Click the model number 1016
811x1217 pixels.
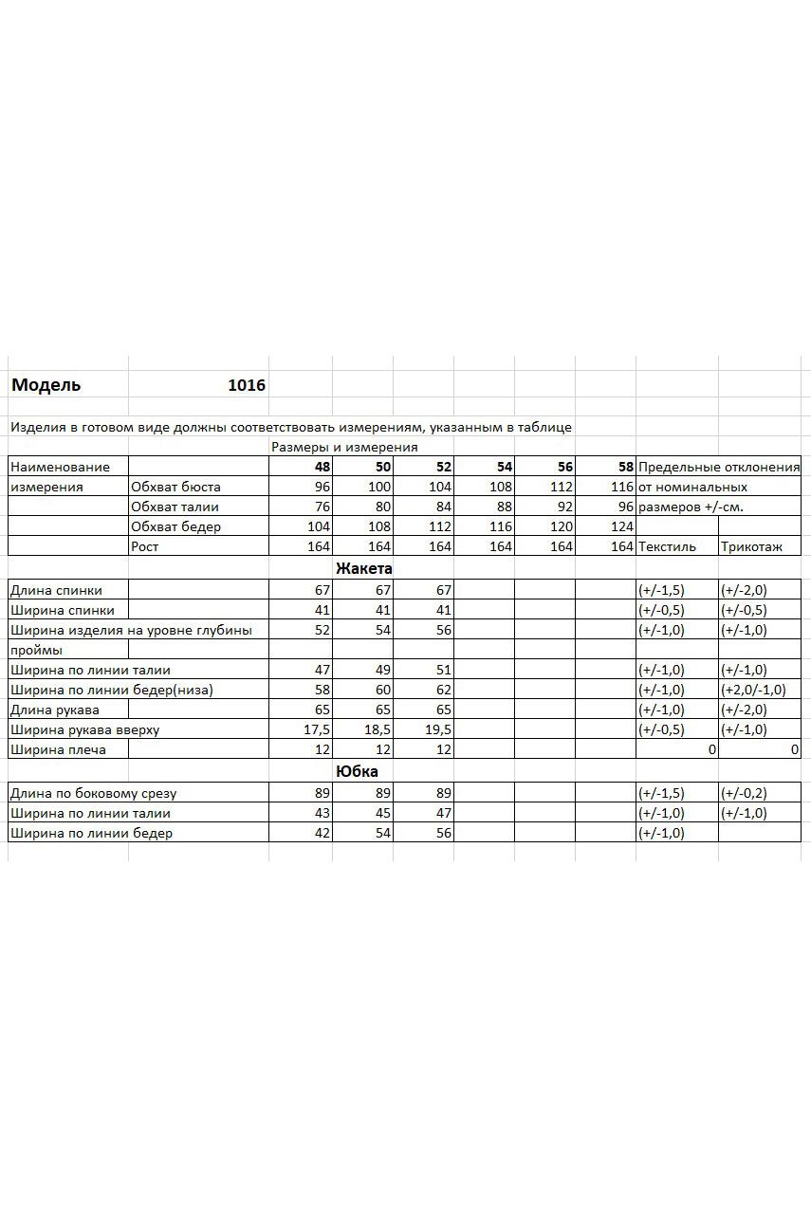pyautogui.click(x=247, y=385)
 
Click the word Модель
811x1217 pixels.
pyautogui.click(x=46, y=385)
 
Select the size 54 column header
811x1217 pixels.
pyautogui.click(x=504, y=467)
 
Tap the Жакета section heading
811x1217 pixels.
pyautogui.click(x=363, y=568)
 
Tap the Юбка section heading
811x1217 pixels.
pyautogui.click(x=357, y=771)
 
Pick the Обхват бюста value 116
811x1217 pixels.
pyautogui.click(x=622, y=487)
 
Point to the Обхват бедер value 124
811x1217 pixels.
pyautogui.click(x=622, y=526)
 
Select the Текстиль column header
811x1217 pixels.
pyautogui.click(x=667, y=546)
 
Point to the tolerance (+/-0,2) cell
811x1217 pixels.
pyautogui.click(x=744, y=793)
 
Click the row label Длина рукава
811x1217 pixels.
pyautogui.click(x=55, y=710)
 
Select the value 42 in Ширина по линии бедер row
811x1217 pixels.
pyautogui.click(x=321, y=833)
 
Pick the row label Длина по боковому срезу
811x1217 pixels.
pyautogui.click(x=93, y=793)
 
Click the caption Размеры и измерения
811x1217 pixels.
pyautogui.click(x=344, y=447)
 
